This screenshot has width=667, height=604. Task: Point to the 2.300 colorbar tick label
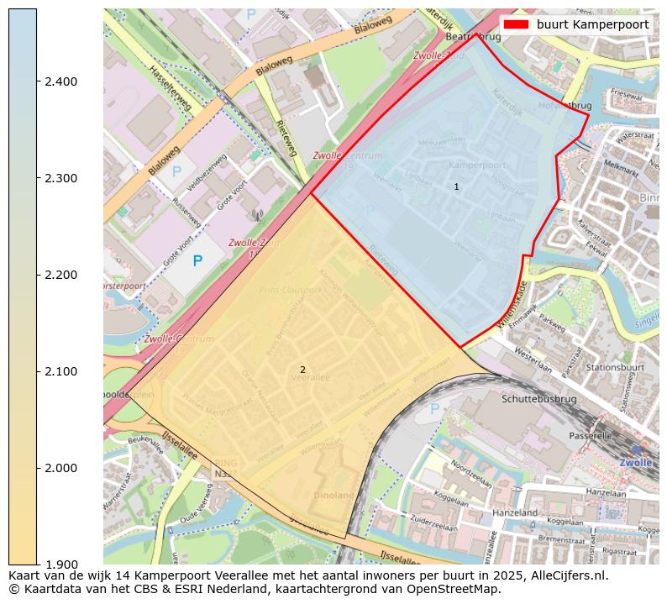[60, 178]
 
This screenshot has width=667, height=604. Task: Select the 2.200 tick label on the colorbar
[60, 275]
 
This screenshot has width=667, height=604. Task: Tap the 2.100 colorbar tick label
[60, 371]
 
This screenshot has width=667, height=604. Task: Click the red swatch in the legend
[516, 24]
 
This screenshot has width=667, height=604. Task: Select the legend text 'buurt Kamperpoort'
[592, 24]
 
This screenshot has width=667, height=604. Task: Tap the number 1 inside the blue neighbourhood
[456, 186]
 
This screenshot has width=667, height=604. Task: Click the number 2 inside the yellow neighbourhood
[302, 370]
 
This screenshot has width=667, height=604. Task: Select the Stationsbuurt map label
[616, 367]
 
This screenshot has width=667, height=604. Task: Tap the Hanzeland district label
[515, 512]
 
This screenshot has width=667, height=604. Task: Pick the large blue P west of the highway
[197, 261]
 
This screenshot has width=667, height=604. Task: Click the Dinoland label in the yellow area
[334, 495]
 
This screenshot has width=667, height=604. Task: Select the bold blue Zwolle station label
[635, 463]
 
